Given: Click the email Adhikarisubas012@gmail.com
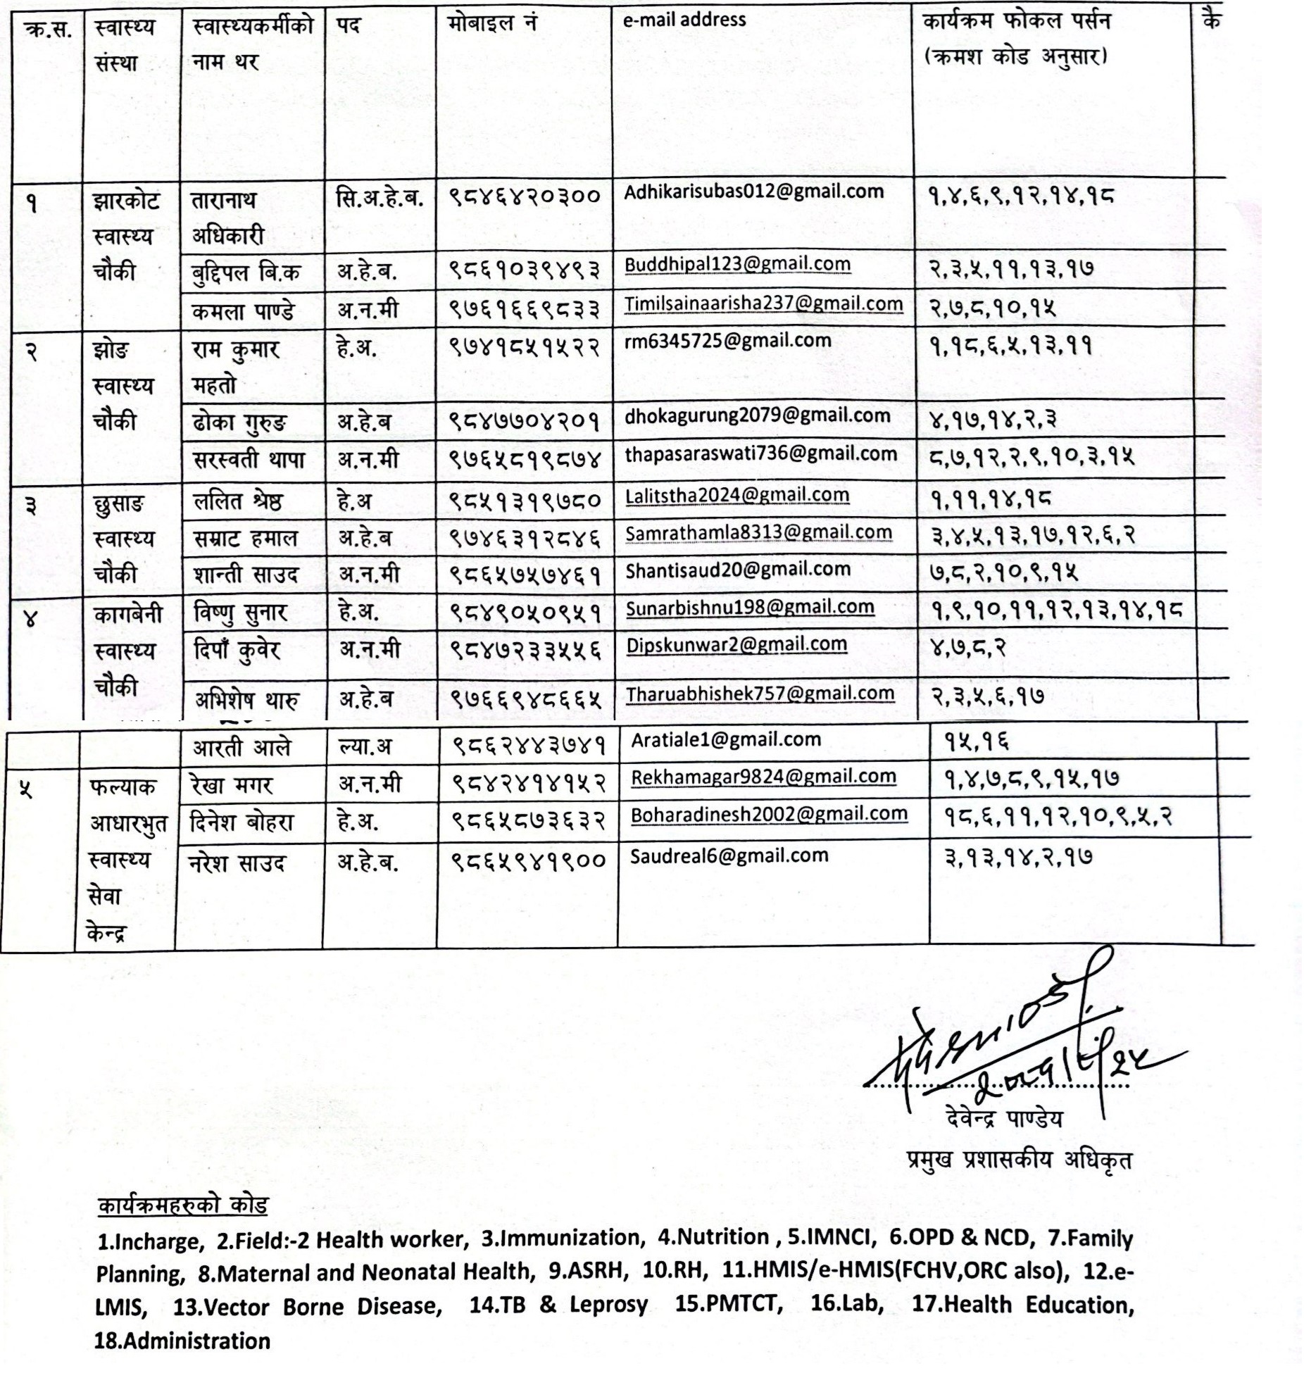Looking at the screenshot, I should (x=753, y=192).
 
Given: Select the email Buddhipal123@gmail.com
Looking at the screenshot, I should (x=737, y=265).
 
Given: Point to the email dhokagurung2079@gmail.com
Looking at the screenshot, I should (x=757, y=416).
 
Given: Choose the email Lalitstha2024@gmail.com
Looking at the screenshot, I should (x=737, y=496).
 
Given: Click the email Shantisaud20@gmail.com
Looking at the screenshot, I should (x=737, y=569).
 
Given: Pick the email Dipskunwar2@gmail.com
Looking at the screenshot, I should (x=736, y=644).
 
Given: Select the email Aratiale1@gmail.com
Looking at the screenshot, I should (x=726, y=739).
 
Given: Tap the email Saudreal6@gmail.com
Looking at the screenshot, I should (x=729, y=856).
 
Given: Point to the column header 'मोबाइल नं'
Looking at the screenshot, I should (x=492, y=23).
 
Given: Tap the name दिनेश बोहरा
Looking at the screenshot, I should (x=242, y=822).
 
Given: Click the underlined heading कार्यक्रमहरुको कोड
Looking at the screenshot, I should (x=182, y=1204).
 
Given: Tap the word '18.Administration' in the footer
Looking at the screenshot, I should (x=182, y=1339).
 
